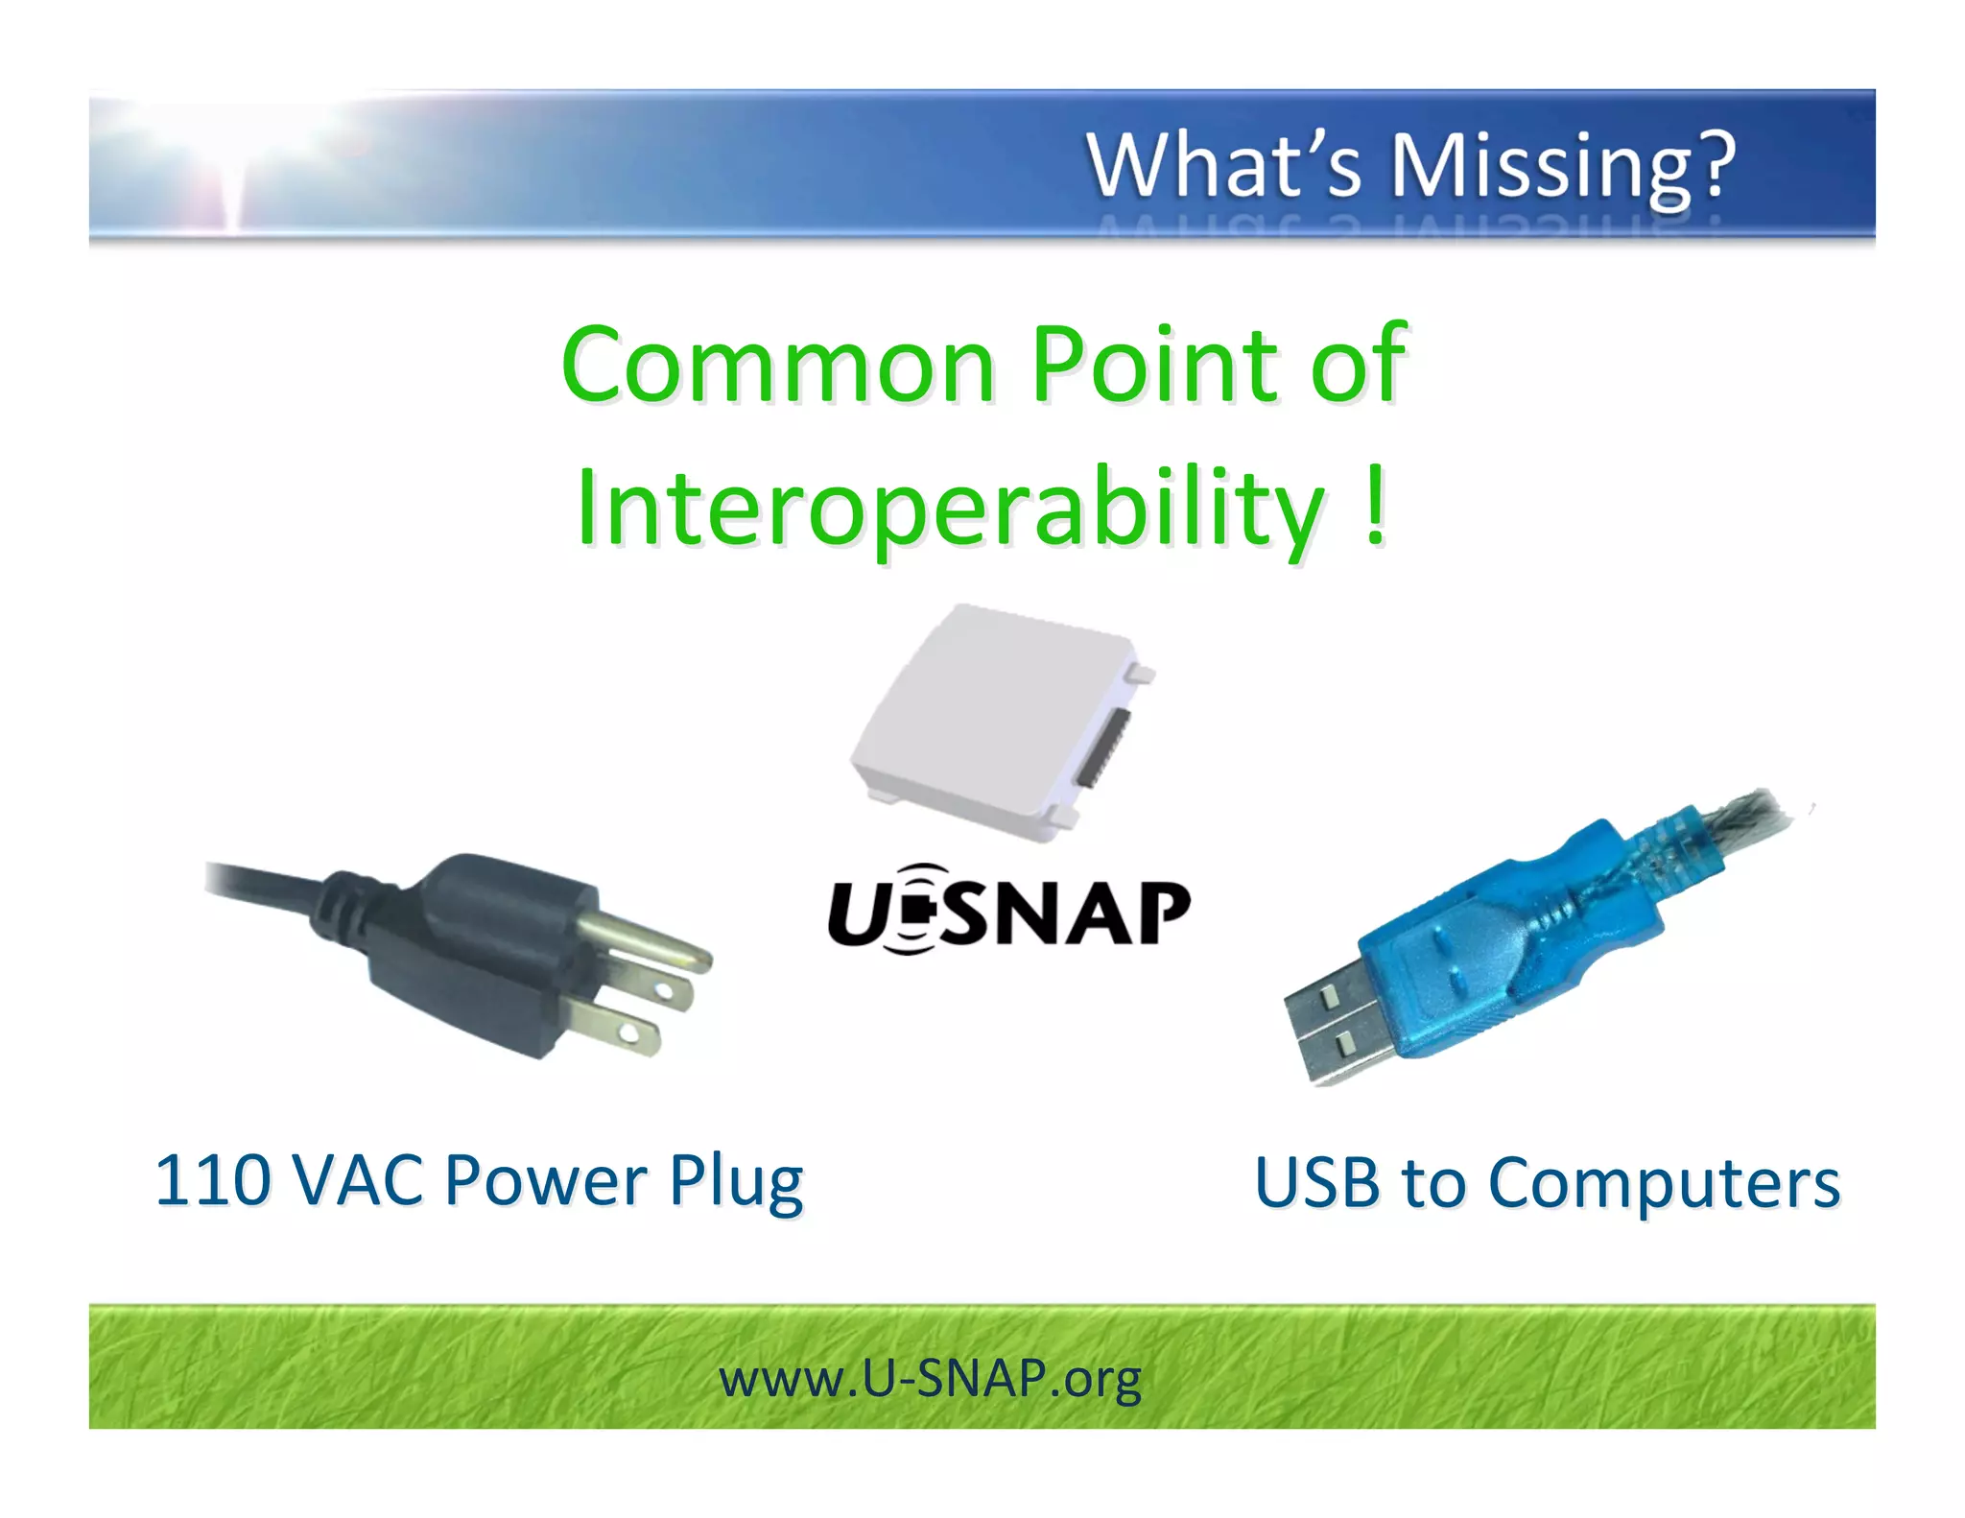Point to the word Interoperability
click(x=950, y=509)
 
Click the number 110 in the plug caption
click(x=213, y=1180)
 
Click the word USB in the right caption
click(x=1316, y=1182)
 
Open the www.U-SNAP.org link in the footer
click(x=930, y=1379)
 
